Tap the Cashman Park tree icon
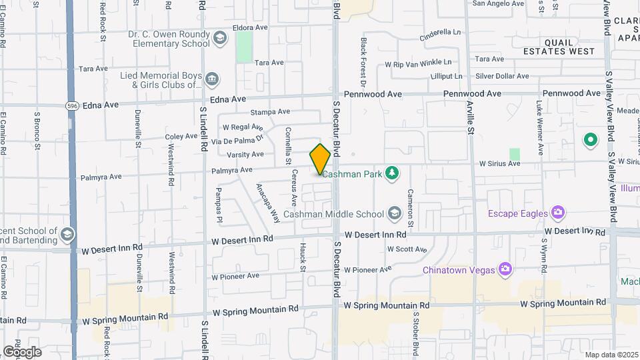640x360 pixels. (x=393, y=173)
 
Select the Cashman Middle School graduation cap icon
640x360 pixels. (x=394, y=213)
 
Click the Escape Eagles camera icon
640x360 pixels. (x=558, y=213)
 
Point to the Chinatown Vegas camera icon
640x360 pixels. (x=506, y=269)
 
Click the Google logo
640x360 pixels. (x=22, y=351)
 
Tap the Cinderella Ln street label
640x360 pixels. (x=441, y=32)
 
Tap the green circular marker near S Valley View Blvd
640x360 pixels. (x=590, y=140)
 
